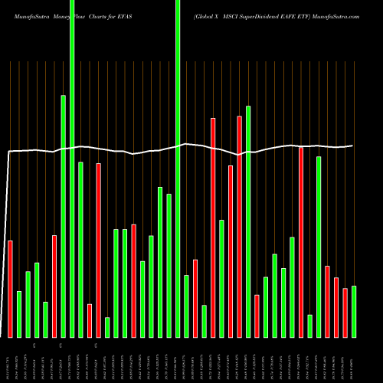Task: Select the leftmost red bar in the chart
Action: point(10,289)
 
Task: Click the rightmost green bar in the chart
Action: point(354,311)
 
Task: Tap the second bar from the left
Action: point(19,314)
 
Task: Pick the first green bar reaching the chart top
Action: point(72,169)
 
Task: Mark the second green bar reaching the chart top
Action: point(178,169)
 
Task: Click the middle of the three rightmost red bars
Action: point(336,307)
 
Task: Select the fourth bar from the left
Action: point(37,300)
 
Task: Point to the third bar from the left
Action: point(28,304)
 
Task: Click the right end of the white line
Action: point(353,146)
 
